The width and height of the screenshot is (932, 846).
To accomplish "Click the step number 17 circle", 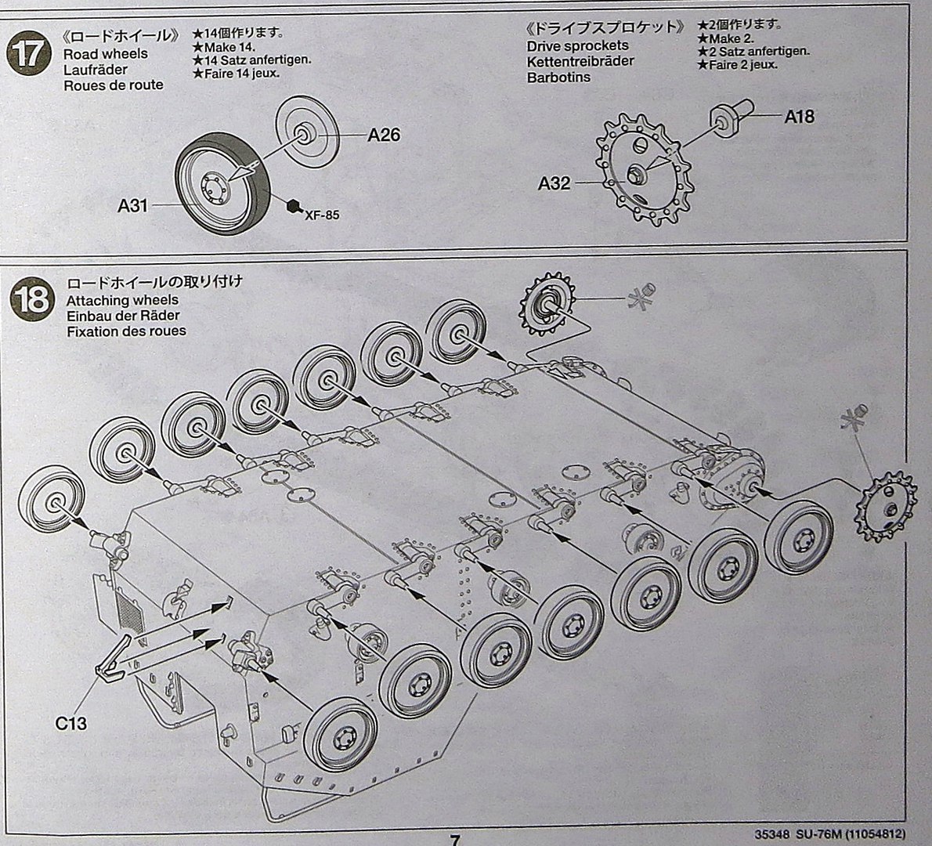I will pyautogui.click(x=26, y=54).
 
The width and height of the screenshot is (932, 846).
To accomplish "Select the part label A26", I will pyautogui.click(x=384, y=136).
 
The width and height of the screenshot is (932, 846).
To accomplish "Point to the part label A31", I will pyautogui.click(x=133, y=206).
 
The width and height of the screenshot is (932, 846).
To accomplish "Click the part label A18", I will pyautogui.click(x=799, y=117).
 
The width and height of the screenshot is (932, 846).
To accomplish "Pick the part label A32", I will pyautogui.click(x=554, y=183).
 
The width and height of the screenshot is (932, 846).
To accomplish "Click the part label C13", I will pyautogui.click(x=71, y=723).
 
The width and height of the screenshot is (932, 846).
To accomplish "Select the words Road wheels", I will pyautogui.click(x=105, y=54).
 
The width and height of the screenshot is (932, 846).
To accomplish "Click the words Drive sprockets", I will pyautogui.click(x=577, y=46).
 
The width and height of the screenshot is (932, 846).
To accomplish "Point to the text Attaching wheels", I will pyautogui.click(x=122, y=300).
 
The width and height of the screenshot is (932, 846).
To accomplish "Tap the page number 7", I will pyautogui.click(x=455, y=839).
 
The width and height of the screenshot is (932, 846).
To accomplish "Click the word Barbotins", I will pyautogui.click(x=558, y=78).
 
